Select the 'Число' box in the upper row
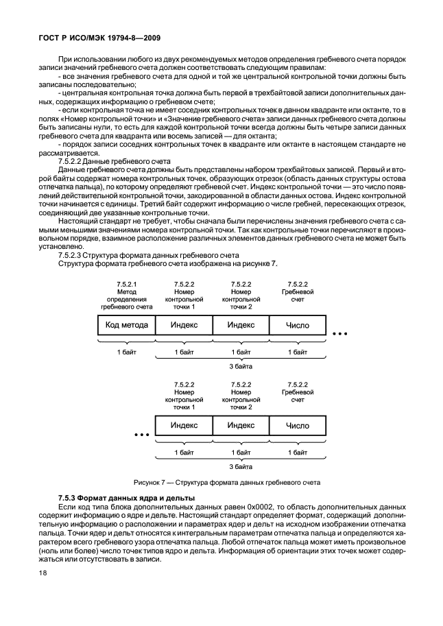pos(297,325)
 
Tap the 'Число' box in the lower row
pos(297,425)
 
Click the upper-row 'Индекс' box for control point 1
pos(184,325)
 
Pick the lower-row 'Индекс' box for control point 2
pos(241,425)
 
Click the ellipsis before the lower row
pos(141,434)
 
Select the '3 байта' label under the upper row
pos(241,366)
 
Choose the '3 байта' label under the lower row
pos(241,466)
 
